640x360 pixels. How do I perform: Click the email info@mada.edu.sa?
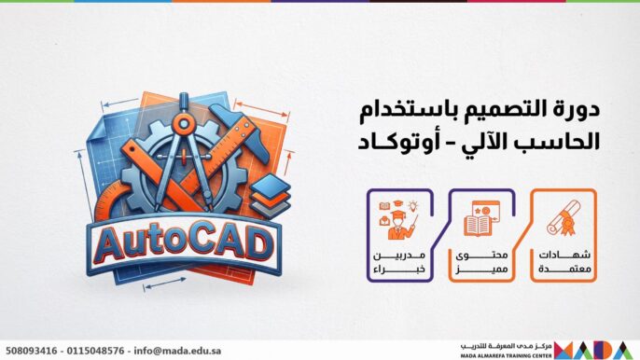(183, 351)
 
